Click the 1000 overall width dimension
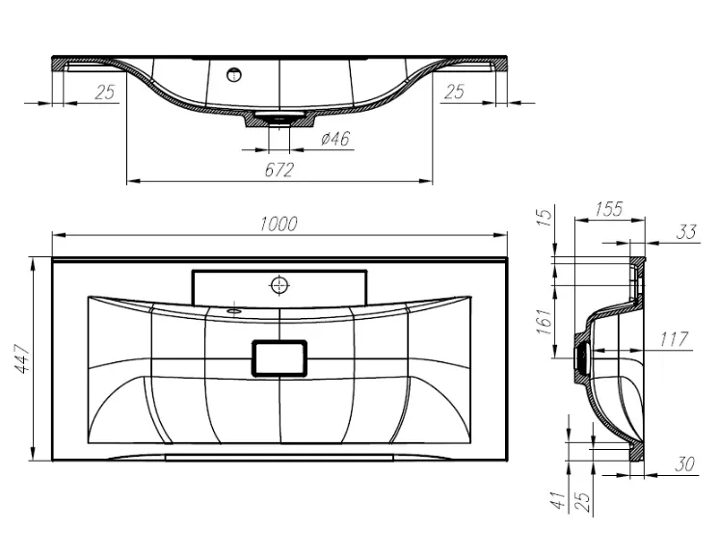point(279,225)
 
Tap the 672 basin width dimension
point(279,170)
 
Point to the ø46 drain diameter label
point(335,139)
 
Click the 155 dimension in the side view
point(609,209)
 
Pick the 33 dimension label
point(686,232)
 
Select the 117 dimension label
point(674,339)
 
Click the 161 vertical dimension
point(545,321)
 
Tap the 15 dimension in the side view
point(545,217)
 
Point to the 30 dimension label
point(684,464)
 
